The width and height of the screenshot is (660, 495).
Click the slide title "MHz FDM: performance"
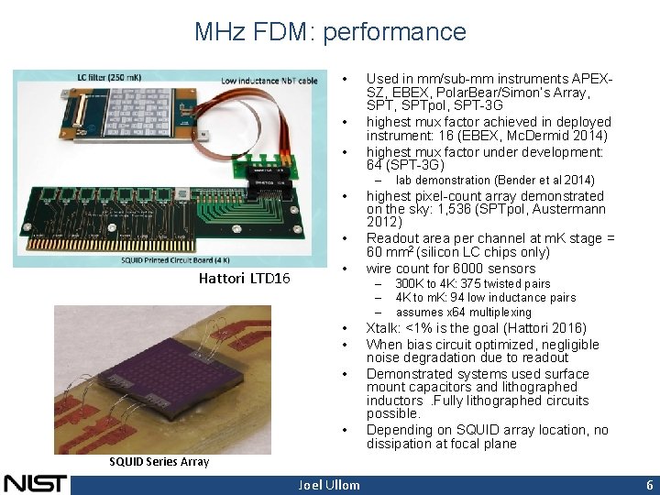tap(330, 32)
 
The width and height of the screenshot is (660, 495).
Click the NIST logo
tap(35, 483)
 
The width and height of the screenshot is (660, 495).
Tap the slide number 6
tap(648, 484)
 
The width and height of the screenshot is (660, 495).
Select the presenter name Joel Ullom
tap(329, 484)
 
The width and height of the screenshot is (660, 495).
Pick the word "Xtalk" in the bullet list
tap(383, 328)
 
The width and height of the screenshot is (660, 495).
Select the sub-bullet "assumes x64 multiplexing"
tap(463, 312)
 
